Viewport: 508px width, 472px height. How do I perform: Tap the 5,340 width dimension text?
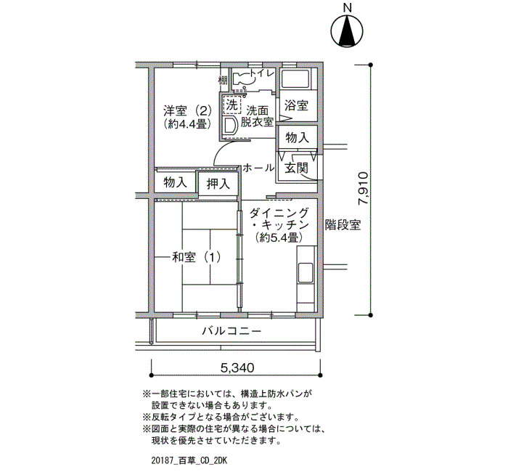tap(237, 367)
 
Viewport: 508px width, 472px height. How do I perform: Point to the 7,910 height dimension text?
tap(363, 188)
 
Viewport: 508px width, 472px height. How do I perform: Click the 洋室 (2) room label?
tap(187, 111)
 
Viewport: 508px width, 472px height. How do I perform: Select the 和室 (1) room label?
tap(197, 257)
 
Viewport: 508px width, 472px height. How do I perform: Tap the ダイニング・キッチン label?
tap(279, 219)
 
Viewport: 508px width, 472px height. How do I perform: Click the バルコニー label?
tap(232, 331)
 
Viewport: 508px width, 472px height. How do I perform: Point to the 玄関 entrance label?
tap(296, 168)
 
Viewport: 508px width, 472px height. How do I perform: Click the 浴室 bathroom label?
tap(296, 105)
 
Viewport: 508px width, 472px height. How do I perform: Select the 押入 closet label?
tap(218, 184)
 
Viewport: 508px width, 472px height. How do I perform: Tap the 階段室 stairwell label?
tap(343, 224)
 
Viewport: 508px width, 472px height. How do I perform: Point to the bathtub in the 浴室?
tap(295, 78)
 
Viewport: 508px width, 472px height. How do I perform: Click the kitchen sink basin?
tap(306, 273)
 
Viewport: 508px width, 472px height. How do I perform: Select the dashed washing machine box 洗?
tap(232, 105)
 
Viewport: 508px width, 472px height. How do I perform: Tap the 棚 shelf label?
tap(223, 79)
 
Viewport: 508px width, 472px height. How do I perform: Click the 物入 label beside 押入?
tap(176, 182)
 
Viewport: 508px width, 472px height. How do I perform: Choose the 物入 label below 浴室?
tap(297, 138)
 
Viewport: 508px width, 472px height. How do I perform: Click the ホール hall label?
tap(258, 168)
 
